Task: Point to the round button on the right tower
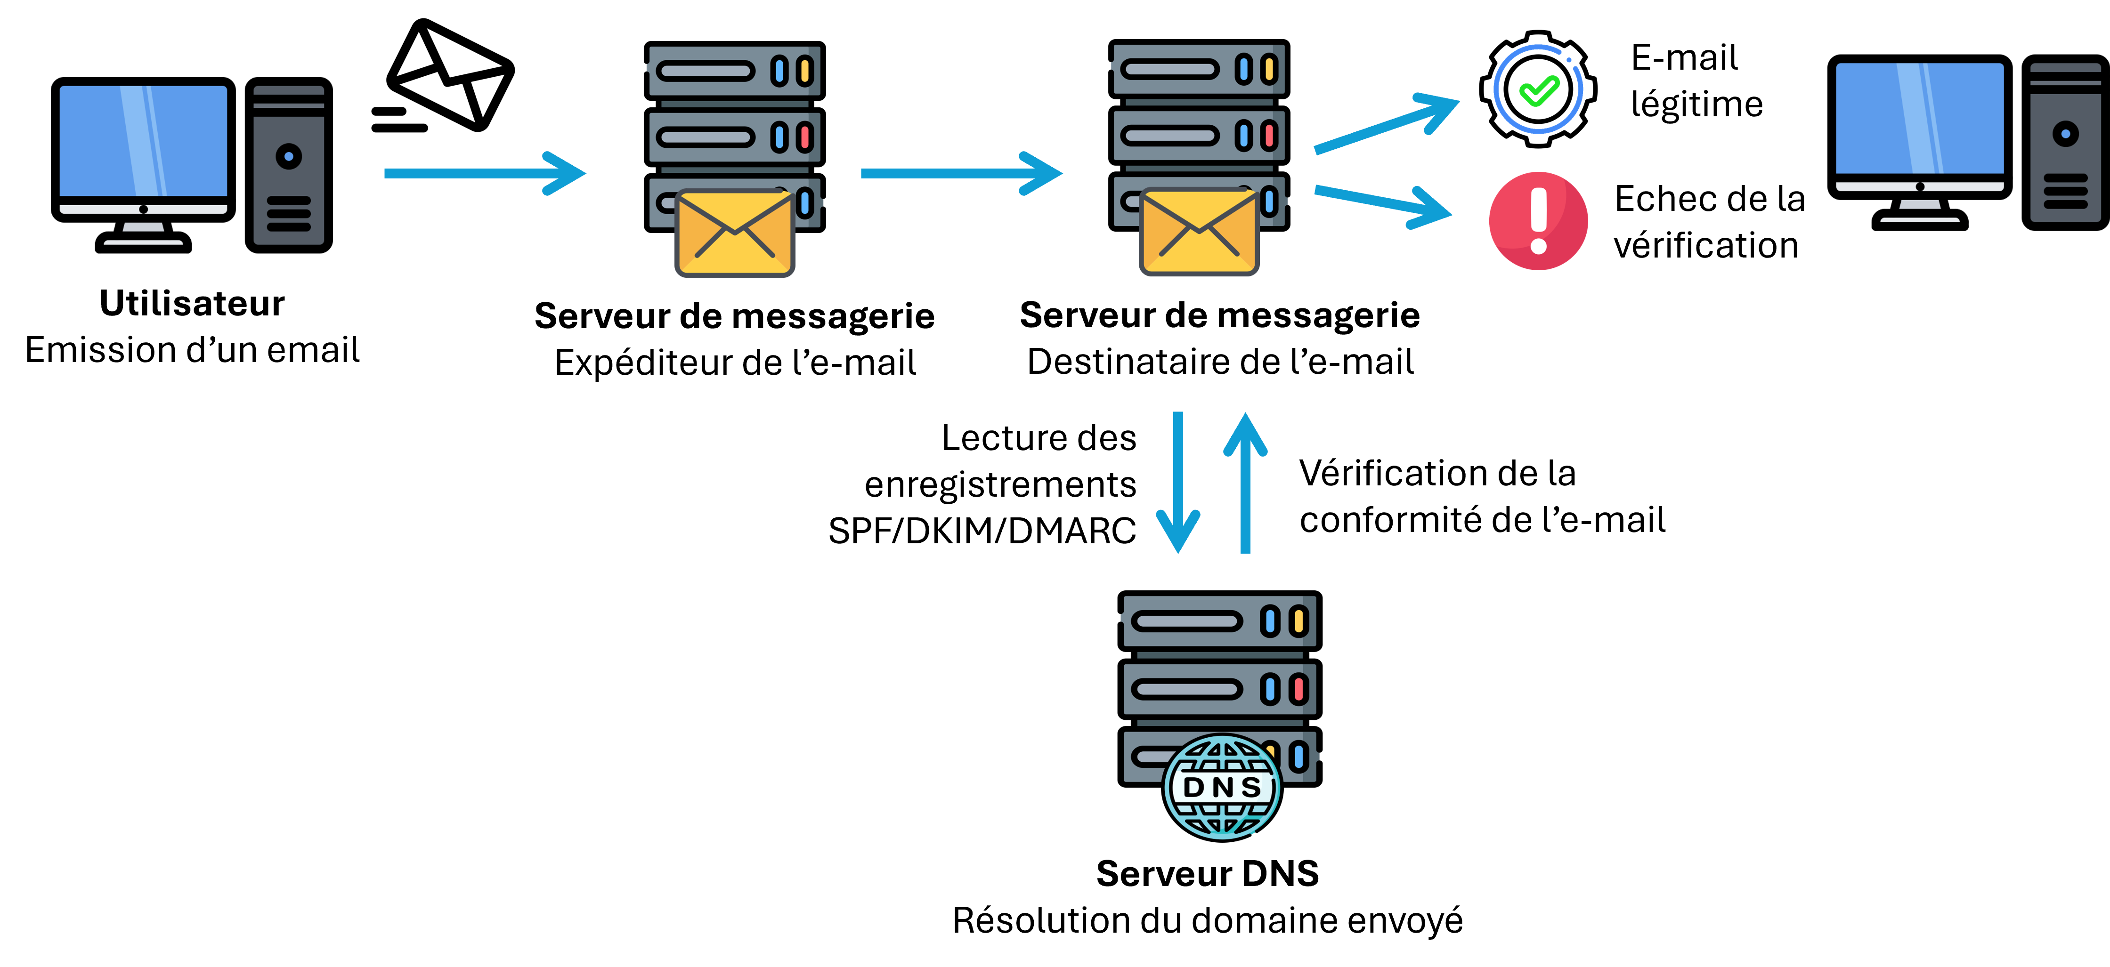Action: (2065, 133)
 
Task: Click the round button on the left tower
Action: (288, 155)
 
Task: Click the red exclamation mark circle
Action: (1538, 220)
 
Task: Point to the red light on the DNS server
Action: (1298, 689)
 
